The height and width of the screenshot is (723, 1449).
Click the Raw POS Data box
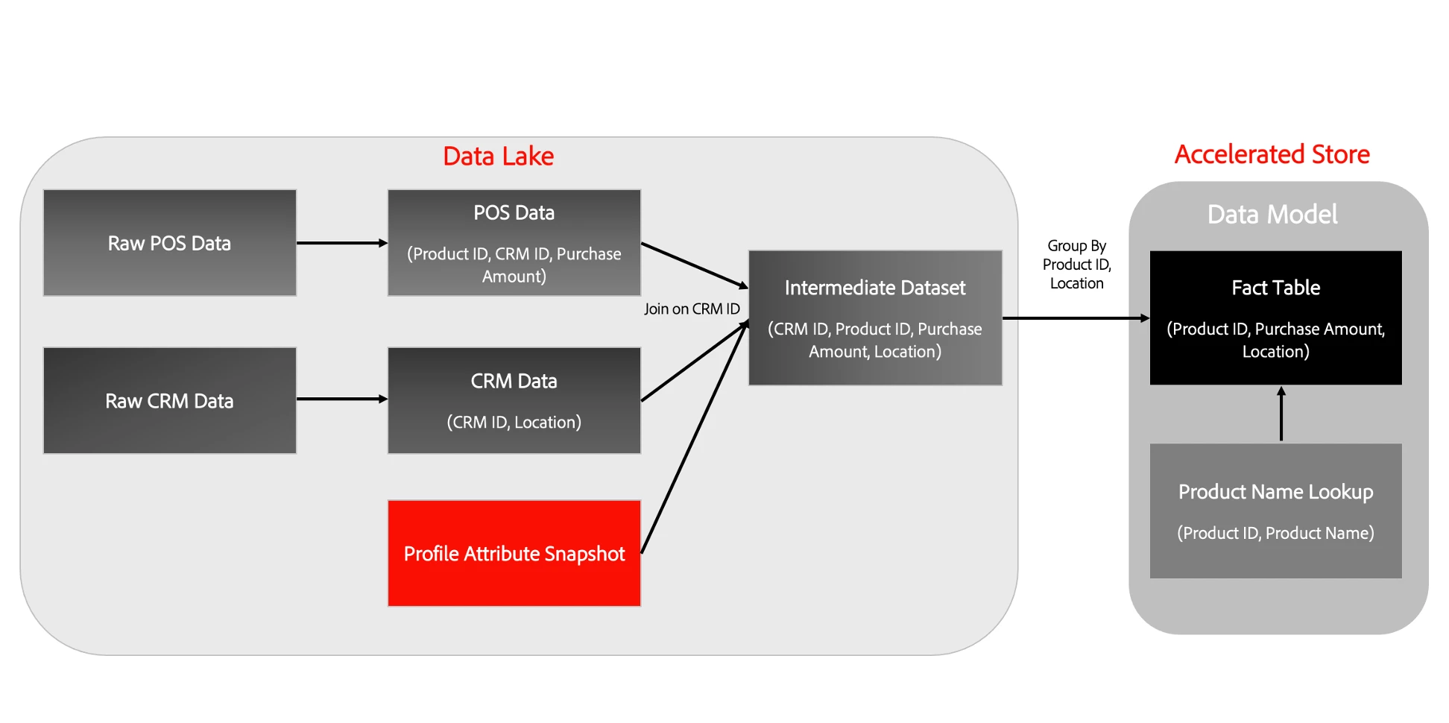170,243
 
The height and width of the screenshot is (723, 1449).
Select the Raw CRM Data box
170,400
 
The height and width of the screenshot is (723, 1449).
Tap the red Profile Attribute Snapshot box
514,553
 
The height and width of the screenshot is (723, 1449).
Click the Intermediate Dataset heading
875,288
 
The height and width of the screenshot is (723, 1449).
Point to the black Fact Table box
1275,318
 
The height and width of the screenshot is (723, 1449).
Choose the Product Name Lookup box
1275,511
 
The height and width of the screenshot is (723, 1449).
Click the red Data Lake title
498,156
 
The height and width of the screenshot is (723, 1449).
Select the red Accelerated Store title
1272,154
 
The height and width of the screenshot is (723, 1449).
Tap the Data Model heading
1272,215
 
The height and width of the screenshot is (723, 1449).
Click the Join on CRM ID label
692,309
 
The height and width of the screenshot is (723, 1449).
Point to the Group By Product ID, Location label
1076,265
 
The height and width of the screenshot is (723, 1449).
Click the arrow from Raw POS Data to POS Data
341,243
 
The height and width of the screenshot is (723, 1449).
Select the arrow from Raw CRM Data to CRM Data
341,399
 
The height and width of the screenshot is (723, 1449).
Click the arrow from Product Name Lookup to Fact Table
1281,414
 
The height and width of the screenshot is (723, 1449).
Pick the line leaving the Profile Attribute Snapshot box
693,440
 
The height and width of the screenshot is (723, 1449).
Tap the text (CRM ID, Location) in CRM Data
514,422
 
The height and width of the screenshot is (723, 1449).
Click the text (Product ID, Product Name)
1275,533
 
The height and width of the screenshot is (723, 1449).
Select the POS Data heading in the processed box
514,213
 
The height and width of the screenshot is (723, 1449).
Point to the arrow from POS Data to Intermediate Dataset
693,265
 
